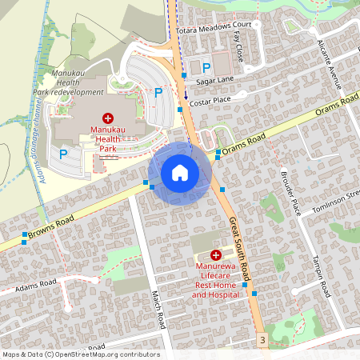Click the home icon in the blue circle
pos(180,172)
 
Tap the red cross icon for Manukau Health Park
pos(108,118)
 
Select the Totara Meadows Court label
pos(214,26)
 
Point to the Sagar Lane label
pos(214,81)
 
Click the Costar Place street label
pos(211,99)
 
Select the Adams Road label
pos(36,283)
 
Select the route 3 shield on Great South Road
pos(262,341)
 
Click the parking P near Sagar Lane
pos(206,68)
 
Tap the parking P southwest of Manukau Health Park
pos(63,152)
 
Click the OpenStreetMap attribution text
pos(81,354)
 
